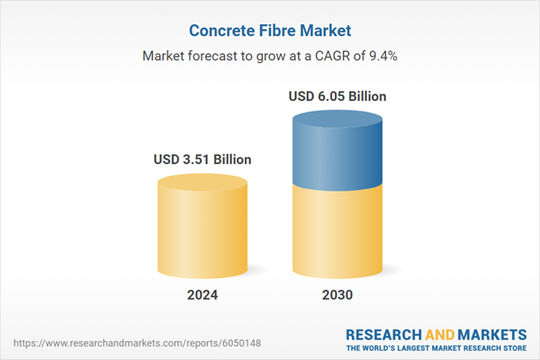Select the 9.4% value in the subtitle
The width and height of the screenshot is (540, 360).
tap(380, 56)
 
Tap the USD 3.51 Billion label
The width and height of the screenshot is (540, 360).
tap(202, 160)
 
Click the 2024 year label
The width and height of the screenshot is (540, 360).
tap(202, 295)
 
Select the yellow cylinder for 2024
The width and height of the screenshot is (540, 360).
tap(202, 229)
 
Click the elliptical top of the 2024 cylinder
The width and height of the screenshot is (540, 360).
tap(202, 183)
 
